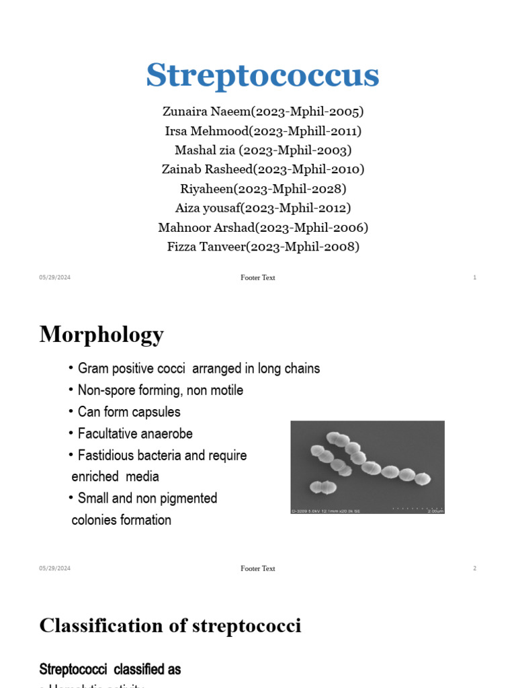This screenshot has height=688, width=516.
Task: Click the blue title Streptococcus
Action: point(263,75)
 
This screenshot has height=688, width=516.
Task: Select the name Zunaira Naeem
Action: point(263,112)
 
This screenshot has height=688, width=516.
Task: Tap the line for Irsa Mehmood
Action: point(263,130)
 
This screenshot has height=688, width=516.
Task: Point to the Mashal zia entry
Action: point(263,150)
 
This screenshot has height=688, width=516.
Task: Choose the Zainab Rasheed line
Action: point(263,169)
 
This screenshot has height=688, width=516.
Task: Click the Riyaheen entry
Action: point(263,189)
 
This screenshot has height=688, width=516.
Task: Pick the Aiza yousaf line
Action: point(263,208)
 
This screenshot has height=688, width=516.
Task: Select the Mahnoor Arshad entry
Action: point(263,228)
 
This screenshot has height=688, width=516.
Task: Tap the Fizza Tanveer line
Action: point(263,247)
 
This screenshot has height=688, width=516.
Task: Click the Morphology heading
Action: point(101,335)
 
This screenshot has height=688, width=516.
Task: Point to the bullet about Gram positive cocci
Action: point(198,369)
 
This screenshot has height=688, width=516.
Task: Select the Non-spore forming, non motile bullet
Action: point(160,390)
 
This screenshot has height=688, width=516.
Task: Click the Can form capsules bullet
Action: point(128,412)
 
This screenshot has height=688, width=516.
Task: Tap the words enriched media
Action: point(115,477)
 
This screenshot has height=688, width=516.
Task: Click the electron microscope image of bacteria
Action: point(367,468)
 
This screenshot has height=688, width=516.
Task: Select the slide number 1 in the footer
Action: point(474,277)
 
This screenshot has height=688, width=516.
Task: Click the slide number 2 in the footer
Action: point(474,568)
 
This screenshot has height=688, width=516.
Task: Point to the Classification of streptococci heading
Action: point(170,626)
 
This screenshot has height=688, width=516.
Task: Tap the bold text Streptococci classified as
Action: point(110,670)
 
